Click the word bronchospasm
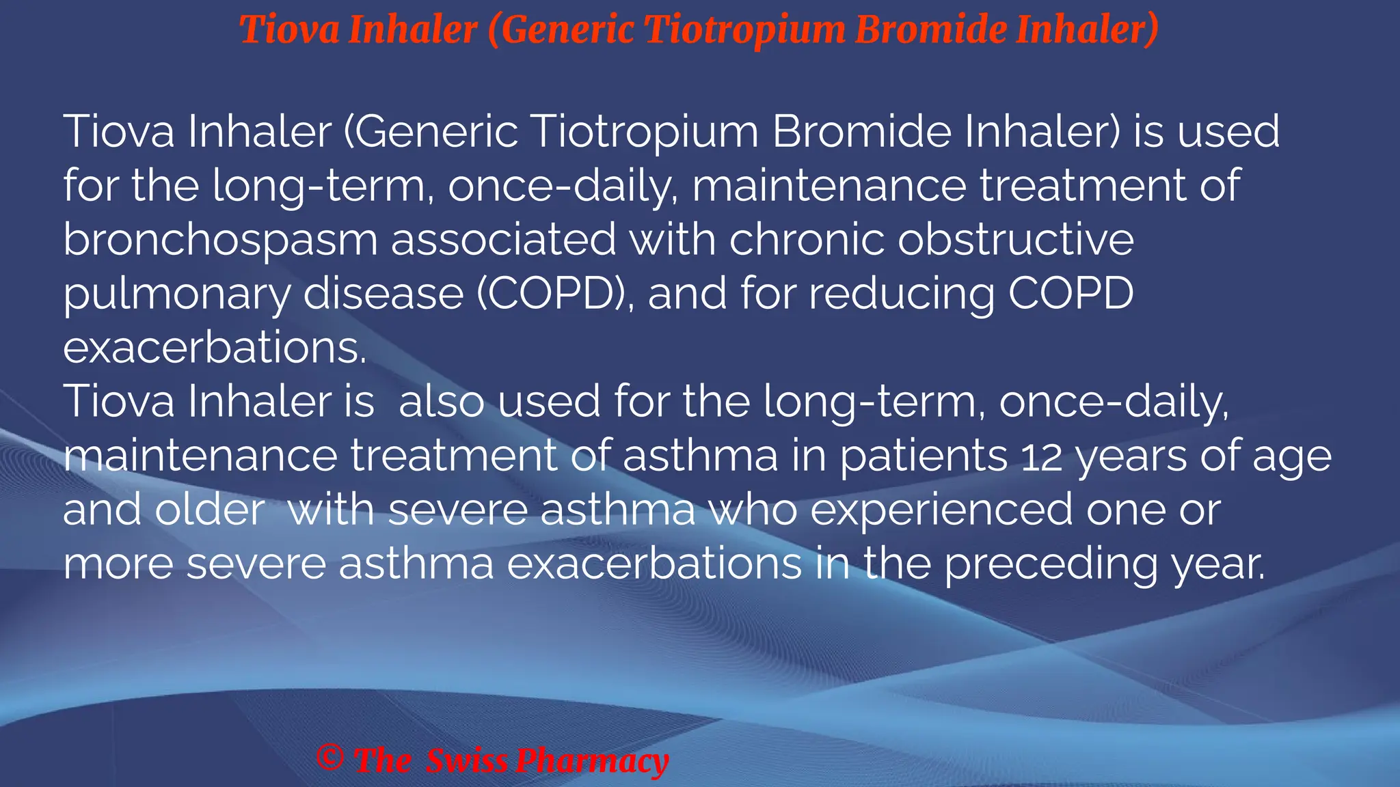[x=220, y=240]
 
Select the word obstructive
[x=1016, y=239]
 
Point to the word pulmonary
[x=176, y=294]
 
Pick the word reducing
[x=902, y=294]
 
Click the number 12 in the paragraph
[x=1042, y=456]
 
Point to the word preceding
[x=1051, y=565]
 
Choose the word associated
[x=504, y=239]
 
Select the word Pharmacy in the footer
[x=592, y=761]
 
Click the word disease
[x=383, y=294]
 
